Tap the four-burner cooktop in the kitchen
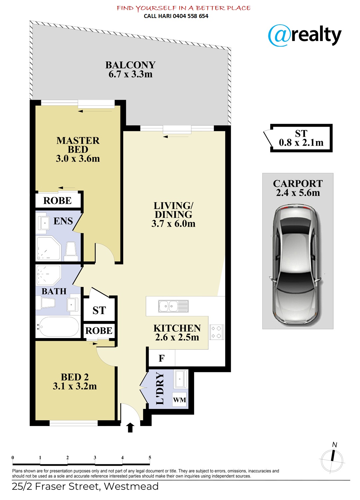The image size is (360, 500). (216, 332)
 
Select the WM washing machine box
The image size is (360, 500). (180, 400)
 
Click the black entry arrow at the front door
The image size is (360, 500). (130, 427)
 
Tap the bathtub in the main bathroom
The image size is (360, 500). (58, 327)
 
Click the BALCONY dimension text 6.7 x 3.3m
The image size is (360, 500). (131, 74)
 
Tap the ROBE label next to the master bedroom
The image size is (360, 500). (57, 201)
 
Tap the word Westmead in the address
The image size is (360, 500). (131, 486)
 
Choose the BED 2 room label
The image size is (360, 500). (75, 381)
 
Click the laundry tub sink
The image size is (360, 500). (181, 379)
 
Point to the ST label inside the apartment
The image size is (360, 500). (99, 310)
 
